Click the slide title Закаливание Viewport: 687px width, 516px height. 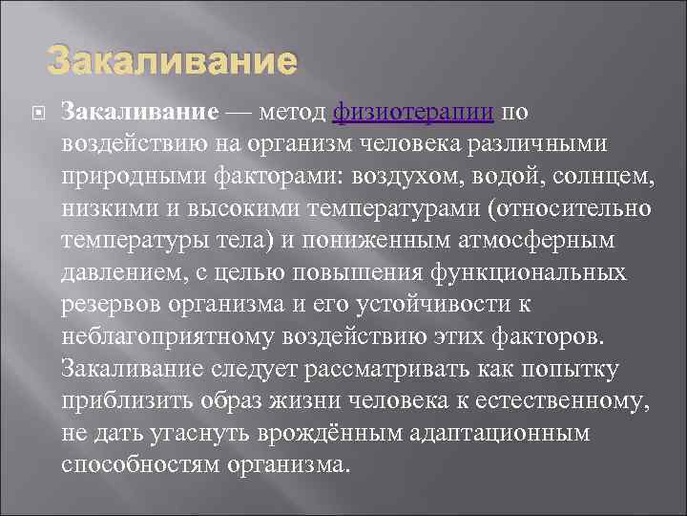tap(173, 62)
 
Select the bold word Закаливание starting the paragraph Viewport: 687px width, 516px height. tap(139, 113)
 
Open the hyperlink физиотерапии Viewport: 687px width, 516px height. tap(412, 113)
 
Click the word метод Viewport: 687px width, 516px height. tap(290, 113)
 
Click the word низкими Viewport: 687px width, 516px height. tap(107, 209)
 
